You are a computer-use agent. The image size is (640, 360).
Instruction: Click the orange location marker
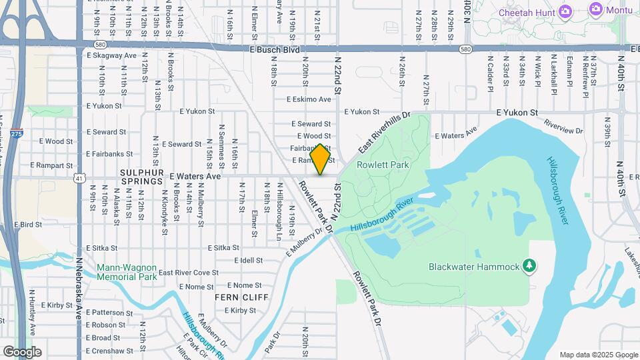tap(321, 159)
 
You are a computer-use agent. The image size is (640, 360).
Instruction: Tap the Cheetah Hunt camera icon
tap(565, 11)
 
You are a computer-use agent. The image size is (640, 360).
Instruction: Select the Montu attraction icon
tap(595, 9)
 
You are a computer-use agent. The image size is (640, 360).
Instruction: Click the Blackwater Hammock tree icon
tap(529, 266)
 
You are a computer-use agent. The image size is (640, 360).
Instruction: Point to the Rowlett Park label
tap(382, 164)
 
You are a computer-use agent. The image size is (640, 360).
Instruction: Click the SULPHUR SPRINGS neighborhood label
tap(141, 181)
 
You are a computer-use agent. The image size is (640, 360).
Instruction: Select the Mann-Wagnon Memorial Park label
tap(127, 271)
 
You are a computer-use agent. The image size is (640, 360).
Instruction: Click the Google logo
tap(22, 351)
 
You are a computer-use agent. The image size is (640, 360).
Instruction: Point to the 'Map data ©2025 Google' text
tap(598, 355)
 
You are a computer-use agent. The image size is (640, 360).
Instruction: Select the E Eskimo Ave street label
tap(309, 99)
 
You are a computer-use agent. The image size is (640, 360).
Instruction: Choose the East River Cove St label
tap(189, 272)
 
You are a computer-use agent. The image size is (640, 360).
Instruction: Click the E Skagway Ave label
tap(111, 55)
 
